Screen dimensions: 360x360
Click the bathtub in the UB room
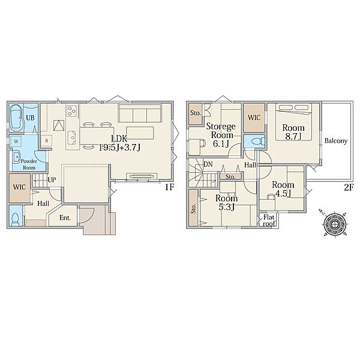tap(17, 118)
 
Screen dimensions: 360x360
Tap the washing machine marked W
tap(16, 142)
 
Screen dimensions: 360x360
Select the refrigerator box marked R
tap(47, 141)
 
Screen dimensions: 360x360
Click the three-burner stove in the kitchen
tap(72, 110)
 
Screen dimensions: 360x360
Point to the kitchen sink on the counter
tap(72, 137)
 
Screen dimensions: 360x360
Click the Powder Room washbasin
tap(17, 157)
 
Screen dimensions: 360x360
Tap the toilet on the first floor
tap(16, 218)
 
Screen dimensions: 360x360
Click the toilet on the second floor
tap(258, 142)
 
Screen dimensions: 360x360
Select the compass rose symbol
tap(334, 223)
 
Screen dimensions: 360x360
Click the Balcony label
tap(335, 141)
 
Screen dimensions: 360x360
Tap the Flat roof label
tap(269, 220)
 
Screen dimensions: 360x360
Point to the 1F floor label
tap(169, 187)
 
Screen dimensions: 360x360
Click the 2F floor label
tap(348, 188)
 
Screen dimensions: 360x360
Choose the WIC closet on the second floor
tap(254, 118)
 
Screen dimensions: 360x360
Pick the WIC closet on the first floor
tap(20, 188)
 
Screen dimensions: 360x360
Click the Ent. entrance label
tap(65, 218)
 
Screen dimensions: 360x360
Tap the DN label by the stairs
tap(208, 164)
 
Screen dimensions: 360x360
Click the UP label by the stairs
tap(52, 179)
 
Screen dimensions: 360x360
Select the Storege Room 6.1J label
tap(221, 135)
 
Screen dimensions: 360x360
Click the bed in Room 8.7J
tap(293, 122)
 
